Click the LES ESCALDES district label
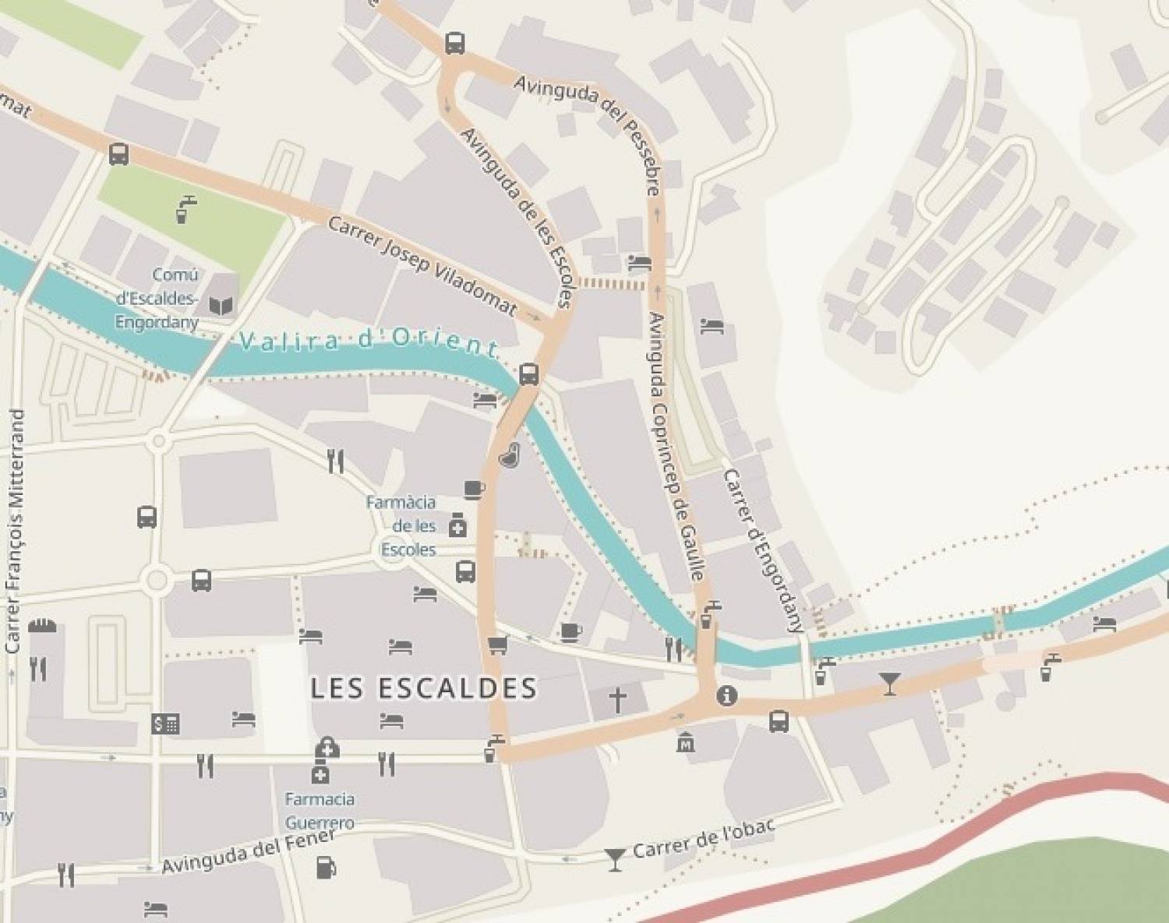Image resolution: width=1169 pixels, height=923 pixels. click(424, 688)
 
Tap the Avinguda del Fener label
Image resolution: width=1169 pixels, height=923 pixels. click(248, 851)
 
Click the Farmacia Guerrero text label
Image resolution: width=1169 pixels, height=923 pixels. click(320, 811)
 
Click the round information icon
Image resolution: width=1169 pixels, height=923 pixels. click(727, 695)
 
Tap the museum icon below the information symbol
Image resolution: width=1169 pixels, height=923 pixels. click(687, 741)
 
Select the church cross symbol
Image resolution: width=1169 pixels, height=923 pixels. click(617, 700)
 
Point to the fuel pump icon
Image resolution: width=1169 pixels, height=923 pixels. click(326, 867)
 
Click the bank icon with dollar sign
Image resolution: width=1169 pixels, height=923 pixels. click(165, 724)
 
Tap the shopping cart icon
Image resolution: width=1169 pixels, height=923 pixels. click(497, 645)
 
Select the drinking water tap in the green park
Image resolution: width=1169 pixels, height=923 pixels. click(185, 209)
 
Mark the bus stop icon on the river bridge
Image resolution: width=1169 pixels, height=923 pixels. click(528, 374)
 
